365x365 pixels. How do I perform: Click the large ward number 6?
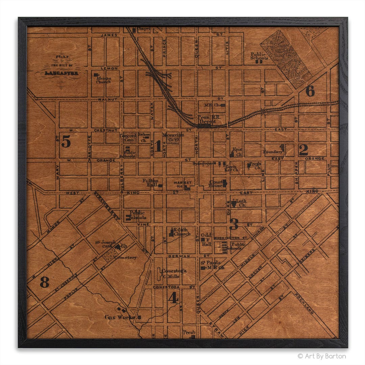[x=310, y=91]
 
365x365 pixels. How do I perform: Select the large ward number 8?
[x=44, y=282]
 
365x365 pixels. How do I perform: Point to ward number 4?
[x=173, y=297]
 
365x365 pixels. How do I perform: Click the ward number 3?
[x=234, y=224]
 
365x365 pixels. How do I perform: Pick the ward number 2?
[x=303, y=149]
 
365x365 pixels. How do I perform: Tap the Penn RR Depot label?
[x=206, y=119]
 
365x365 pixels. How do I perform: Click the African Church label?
[x=103, y=80]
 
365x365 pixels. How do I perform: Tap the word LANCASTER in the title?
[x=60, y=73]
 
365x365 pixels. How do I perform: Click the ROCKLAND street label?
[x=304, y=303]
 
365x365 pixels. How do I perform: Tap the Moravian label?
[x=173, y=136]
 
